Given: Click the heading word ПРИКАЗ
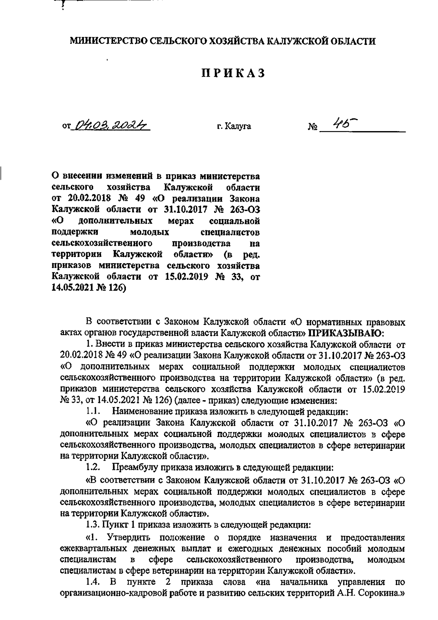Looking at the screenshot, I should [233, 73].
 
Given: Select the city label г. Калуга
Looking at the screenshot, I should [233, 127].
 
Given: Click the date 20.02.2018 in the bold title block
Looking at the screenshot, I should [86, 199].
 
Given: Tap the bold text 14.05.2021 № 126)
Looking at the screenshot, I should [89, 288].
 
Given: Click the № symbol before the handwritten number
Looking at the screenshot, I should [312, 127].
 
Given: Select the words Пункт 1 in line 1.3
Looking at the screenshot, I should [115, 525].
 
